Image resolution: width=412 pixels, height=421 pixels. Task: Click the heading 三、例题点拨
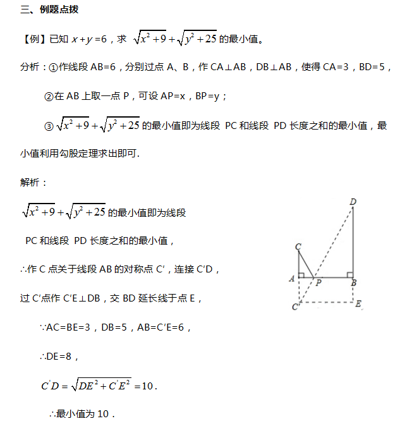coord(50,10)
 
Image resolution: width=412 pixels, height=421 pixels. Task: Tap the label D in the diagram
coord(353,202)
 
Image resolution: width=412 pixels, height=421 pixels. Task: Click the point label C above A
coord(298,247)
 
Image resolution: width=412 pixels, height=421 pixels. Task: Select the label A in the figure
coord(291,278)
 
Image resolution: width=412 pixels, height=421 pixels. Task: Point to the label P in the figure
coord(318,283)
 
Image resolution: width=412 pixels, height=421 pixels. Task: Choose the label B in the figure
coord(354,283)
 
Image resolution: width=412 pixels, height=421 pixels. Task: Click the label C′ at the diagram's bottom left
coord(295,307)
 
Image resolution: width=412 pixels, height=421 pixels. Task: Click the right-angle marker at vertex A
coord(302,276)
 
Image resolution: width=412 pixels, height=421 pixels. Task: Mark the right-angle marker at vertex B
coord(349,276)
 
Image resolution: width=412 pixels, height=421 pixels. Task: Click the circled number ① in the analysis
coord(54,67)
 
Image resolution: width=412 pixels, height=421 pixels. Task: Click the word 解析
coord(33,182)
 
